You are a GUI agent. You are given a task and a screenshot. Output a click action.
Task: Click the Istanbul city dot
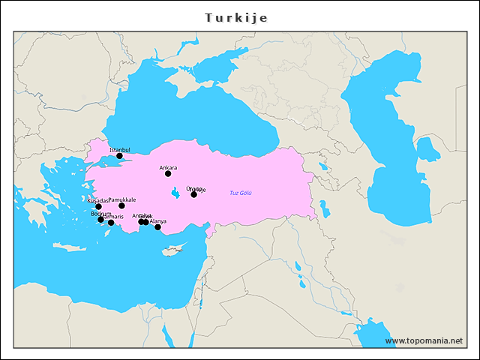click(119, 156)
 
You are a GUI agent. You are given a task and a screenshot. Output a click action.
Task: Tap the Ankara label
click(169, 167)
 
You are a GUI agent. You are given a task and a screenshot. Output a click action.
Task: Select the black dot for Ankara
click(168, 174)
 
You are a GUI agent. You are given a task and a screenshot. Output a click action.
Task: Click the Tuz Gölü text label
click(241, 193)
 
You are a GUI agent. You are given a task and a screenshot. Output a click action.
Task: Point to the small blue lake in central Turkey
click(175, 193)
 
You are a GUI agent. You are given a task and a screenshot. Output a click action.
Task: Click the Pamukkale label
click(122, 199)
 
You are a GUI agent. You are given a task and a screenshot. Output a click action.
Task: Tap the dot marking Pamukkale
click(121, 205)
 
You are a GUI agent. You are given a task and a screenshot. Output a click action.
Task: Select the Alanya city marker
click(157, 227)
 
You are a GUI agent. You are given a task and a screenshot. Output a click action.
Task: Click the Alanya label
click(158, 221)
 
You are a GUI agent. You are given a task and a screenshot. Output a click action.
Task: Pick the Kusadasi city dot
click(98, 207)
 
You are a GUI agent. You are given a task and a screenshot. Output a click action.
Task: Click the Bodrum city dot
click(101, 220)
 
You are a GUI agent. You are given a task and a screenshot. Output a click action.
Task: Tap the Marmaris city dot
click(111, 223)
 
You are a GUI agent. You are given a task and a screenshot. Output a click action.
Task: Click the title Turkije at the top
click(235, 16)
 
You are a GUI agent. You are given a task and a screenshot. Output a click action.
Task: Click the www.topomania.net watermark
click(424, 340)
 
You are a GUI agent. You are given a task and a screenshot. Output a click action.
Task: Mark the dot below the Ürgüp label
click(193, 194)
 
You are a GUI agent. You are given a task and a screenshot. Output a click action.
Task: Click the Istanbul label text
click(120, 150)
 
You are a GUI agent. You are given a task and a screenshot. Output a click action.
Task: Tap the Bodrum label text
click(100, 214)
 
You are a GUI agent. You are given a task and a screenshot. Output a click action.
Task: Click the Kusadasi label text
click(97, 201)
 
